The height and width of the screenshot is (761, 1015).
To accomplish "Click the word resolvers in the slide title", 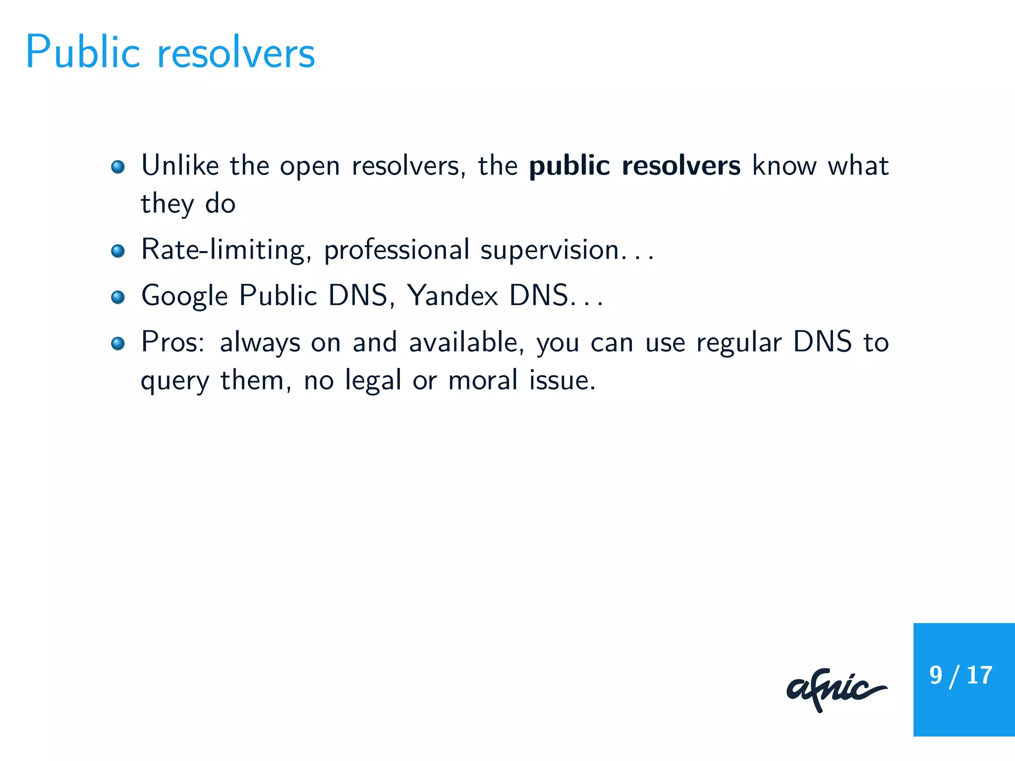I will [x=236, y=54].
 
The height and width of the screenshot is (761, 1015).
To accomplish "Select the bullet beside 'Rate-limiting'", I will [x=118, y=251].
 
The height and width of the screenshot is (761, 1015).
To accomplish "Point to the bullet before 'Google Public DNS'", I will [x=118, y=297].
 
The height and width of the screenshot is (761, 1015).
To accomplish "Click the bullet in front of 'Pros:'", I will [x=118, y=343].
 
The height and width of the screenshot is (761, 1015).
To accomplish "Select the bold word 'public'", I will [x=569, y=166].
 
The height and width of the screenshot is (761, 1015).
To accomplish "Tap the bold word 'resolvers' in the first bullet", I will [x=681, y=165].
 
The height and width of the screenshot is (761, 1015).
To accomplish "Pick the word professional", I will [x=396, y=250].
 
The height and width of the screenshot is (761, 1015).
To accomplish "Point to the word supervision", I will [x=549, y=251].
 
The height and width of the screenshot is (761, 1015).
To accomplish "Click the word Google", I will [x=184, y=296].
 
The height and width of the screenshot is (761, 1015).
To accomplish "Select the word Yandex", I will [x=452, y=296].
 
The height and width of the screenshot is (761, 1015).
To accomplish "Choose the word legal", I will [x=373, y=381].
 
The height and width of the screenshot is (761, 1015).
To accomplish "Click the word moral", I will [x=483, y=380].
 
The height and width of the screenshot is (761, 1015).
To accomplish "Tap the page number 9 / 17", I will [x=960, y=675].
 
